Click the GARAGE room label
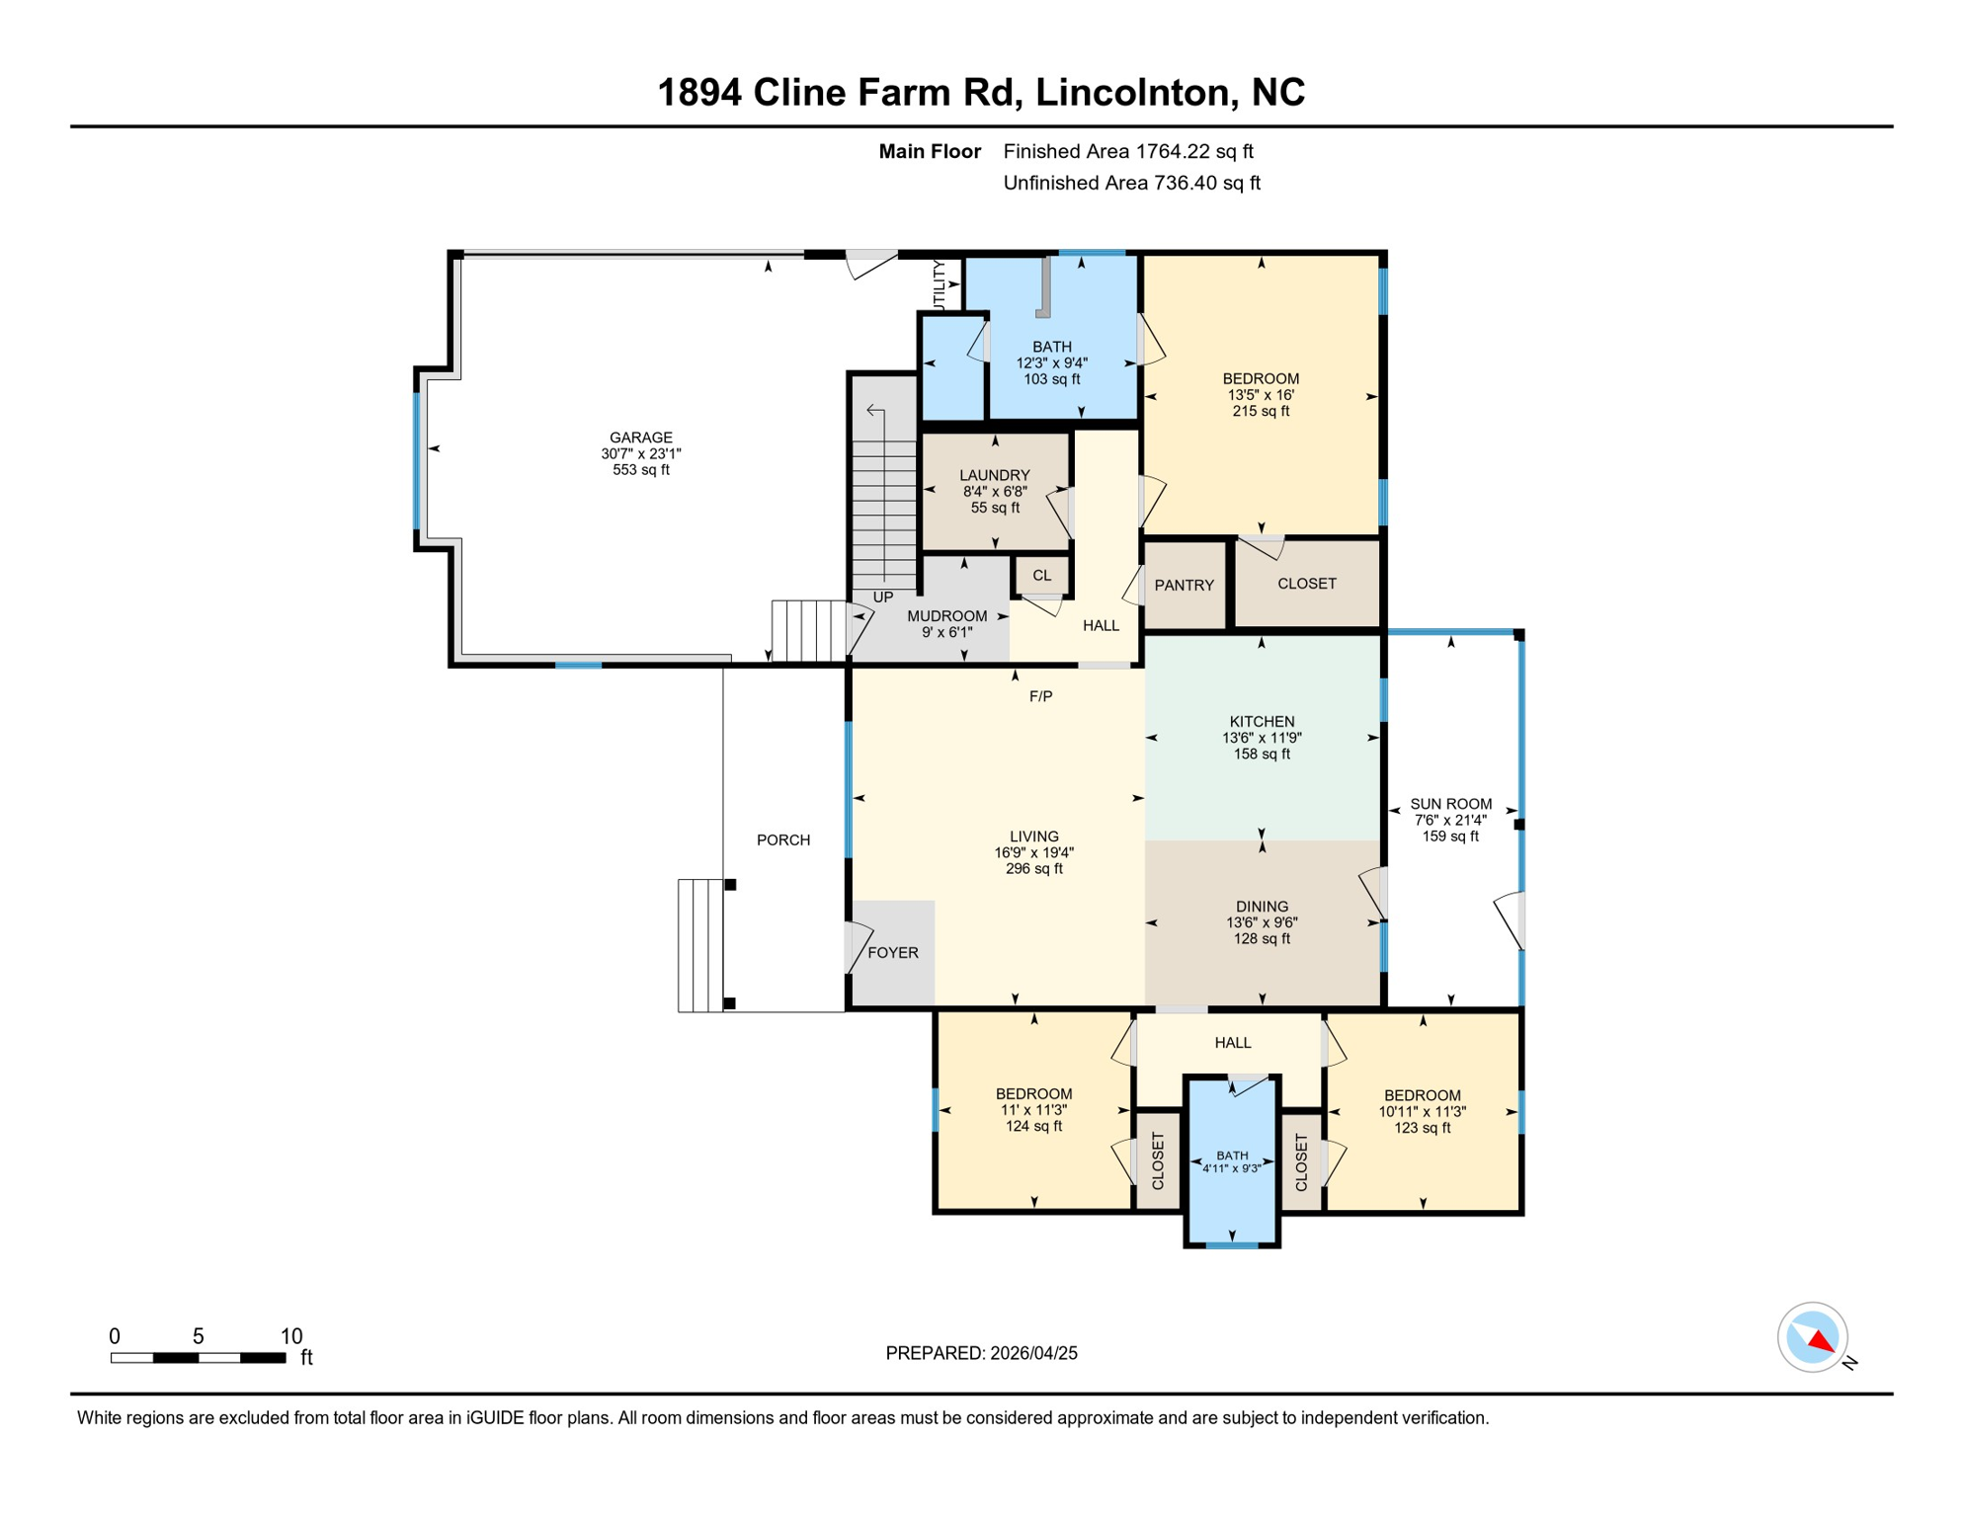point(640,438)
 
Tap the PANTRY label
point(1184,586)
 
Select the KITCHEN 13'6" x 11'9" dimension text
point(1262,738)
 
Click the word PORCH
point(783,840)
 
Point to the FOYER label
point(893,953)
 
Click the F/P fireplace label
point(1040,696)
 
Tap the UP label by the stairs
point(883,598)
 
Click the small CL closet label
point(1041,576)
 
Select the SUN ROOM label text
point(1450,804)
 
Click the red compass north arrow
point(1821,1340)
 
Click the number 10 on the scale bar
point(291,1336)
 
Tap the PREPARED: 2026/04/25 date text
point(981,1353)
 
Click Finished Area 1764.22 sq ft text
point(1127,151)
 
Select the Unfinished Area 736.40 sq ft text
point(1131,183)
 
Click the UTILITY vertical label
point(940,284)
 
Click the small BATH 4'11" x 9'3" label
point(1232,1161)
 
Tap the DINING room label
point(1262,907)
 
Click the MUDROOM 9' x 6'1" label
point(946,624)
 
